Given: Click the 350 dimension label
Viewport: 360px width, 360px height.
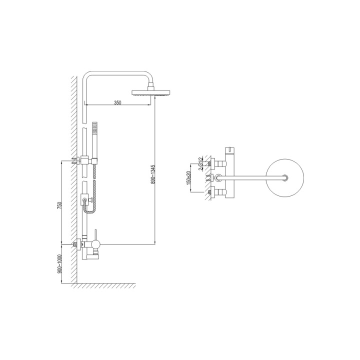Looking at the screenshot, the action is tap(117, 102).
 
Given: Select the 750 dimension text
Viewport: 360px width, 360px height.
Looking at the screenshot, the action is tap(59, 204).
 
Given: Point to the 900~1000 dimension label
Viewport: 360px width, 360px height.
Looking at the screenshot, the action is tap(59, 263).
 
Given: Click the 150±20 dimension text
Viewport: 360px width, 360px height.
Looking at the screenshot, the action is tap(188, 178).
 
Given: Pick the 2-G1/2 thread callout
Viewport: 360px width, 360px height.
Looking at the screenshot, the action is tap(201, 163).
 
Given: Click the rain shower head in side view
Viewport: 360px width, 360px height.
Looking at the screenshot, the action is tap(151, 92).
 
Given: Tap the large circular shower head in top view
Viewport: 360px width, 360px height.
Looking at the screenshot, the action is tap(285, 177).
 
